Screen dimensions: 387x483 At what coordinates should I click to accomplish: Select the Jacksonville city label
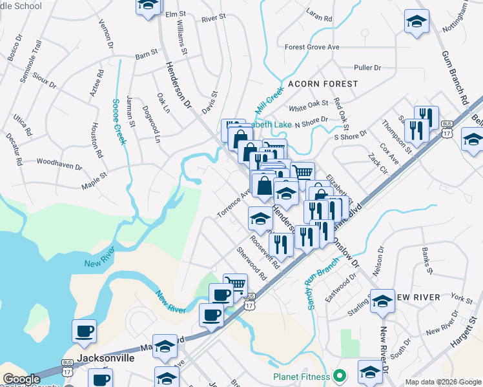pyautogui.click(x=105, y=357)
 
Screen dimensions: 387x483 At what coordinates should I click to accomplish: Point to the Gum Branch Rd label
pyautogui.click(x=455, y=74)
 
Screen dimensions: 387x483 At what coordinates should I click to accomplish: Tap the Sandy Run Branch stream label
pyautogui.click(x=322, y=283)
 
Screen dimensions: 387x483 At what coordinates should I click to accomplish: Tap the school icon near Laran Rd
pyautogui.click(x=416, y=21)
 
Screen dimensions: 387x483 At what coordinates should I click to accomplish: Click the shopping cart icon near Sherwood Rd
pyautogui.click(x=235, y=285)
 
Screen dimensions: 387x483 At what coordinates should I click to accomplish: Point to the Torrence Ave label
pyautogui.click(x=233, y=203)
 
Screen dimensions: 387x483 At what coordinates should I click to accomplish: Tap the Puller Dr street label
pyautogui.click(x=368, y=67)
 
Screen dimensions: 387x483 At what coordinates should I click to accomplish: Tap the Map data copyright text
pyautogui.click(x=442, y=382)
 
